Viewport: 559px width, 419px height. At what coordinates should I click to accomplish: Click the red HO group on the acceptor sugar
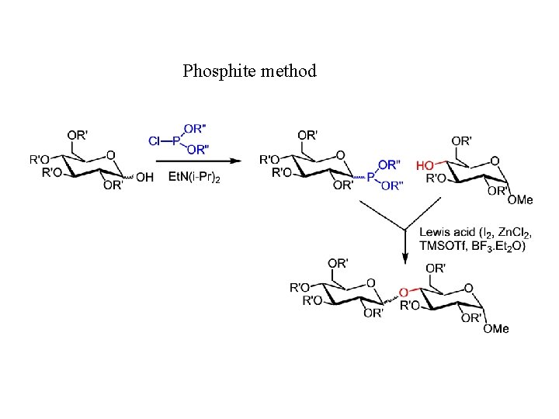point(425,165)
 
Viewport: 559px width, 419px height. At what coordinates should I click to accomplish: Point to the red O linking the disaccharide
point(402,293)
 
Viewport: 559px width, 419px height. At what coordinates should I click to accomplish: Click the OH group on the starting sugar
point(144,177)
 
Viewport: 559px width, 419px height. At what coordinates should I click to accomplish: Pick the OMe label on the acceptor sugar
point(520,199)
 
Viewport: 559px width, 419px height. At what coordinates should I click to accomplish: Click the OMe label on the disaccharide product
point(495,328)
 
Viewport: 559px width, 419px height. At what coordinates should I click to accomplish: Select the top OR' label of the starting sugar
point(77,134)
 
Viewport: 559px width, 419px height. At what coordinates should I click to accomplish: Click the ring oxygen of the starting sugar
point(111,154)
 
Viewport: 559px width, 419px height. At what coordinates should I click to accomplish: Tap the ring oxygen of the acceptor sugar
point(495,161)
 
